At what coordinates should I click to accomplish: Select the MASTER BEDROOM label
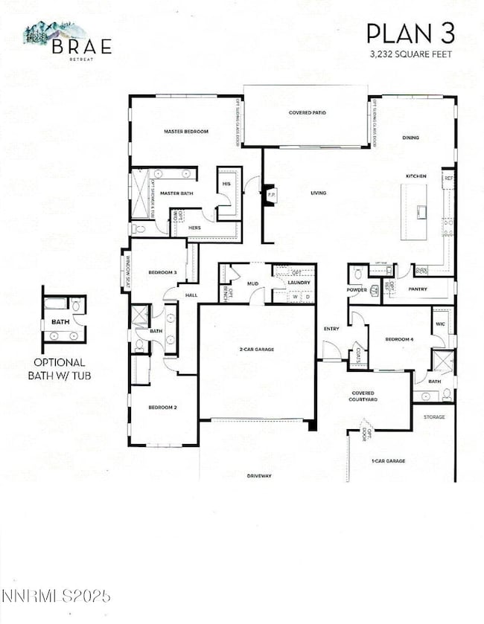(186, 132)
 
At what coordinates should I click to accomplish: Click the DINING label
(410, 138)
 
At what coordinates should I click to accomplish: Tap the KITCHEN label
(415, 176)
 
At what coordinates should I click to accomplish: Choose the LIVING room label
(319, 193)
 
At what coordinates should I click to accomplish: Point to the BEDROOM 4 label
(398, 339)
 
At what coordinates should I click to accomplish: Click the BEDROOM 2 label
(161, 408)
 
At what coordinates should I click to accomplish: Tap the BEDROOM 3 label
(162, 272)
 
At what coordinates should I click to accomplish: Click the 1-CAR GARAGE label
(388, 461)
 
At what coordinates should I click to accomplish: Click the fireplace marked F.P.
(270, 195)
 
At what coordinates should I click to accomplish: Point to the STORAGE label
(434, 417)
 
